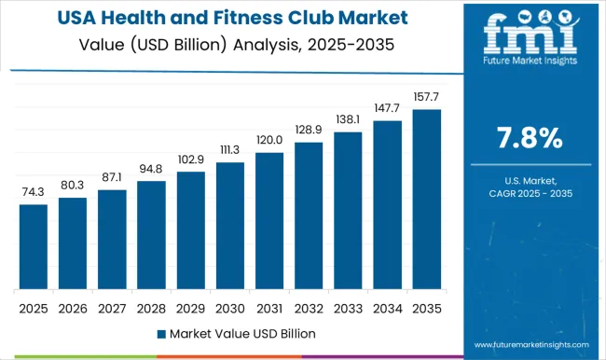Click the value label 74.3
click(x=33, y=191)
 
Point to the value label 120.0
click(x=269, y=139)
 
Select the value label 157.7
click(x=426, y=96)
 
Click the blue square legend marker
click(x=161, y=333)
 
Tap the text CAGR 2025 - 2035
click(x=529, y=192)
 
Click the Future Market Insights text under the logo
click(x=528, y=70)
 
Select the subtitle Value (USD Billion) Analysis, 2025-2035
click(x=228, y=43)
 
